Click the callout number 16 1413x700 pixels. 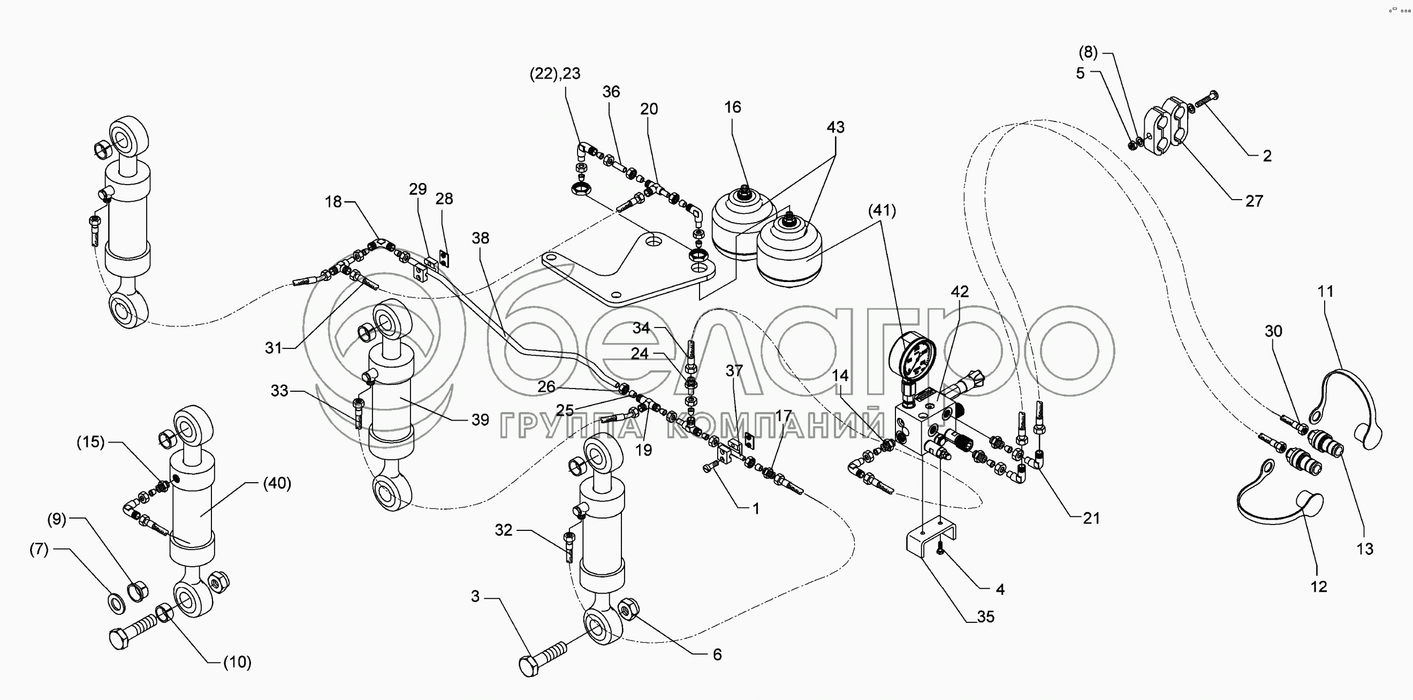pos(732,107)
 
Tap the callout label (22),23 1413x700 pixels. pos(554,73)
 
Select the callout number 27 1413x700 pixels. pos(1254,201)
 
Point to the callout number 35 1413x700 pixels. pos(985,617)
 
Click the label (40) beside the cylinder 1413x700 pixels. pos(277,483)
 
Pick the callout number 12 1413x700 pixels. pos(1319,587)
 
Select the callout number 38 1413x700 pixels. pos(480,238)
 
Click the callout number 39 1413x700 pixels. pos(480,420)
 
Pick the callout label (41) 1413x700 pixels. pos(882,211)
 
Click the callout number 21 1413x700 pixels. pos(1090,519)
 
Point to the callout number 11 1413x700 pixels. pos(1325,291)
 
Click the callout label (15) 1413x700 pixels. pos(90,442)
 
